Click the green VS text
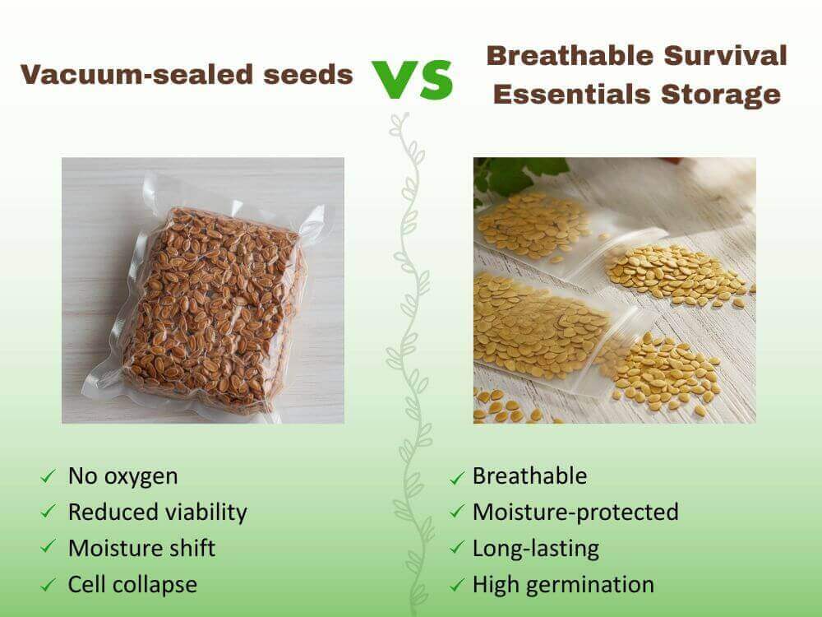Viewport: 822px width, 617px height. [413, 79]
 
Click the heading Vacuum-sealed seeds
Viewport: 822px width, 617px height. [187, 75]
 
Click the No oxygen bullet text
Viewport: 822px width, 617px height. [122, 476]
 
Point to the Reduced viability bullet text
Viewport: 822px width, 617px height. [157, 512]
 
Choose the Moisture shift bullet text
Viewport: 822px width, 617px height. [141, 548]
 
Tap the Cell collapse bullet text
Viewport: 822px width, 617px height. [132, 584]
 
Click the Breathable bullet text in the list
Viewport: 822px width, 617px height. [529, 476]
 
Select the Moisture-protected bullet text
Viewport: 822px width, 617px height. [575, 512]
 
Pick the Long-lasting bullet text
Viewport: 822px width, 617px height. [535, 548]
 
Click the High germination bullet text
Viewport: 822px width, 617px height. [563, 584]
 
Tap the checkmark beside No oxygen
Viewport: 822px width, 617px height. [48, 476]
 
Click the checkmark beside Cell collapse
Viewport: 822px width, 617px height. [48, 585]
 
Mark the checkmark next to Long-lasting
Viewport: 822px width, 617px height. [457, 550]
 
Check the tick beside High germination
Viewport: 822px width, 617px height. [457, 586]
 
